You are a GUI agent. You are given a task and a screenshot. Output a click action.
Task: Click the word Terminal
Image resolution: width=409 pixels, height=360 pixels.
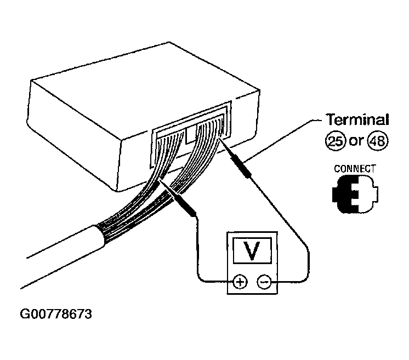[357, 119]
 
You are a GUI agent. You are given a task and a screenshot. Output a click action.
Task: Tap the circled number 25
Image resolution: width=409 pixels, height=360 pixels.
[336, 141]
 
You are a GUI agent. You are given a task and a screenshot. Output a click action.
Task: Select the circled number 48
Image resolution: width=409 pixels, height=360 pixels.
[378, 141]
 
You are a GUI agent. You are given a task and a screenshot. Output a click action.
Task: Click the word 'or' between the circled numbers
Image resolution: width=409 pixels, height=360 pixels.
[356, 141]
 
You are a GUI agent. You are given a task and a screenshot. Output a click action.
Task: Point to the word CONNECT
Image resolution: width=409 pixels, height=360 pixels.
[355, 169]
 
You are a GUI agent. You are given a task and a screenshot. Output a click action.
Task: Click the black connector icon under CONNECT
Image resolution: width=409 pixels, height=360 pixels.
[355, 194]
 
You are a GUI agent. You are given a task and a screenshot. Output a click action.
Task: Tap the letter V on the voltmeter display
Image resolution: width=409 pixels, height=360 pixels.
[252, 250]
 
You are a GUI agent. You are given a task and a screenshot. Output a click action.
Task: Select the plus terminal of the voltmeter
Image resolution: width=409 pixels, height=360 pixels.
[240, 282]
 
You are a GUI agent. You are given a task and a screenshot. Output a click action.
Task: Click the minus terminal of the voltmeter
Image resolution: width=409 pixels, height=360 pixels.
[264, 282]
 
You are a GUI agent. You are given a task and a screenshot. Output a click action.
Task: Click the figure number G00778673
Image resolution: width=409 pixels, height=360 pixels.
[56, 314]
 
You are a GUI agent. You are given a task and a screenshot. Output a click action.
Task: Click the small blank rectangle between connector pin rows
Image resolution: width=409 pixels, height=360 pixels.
[192, 134]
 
